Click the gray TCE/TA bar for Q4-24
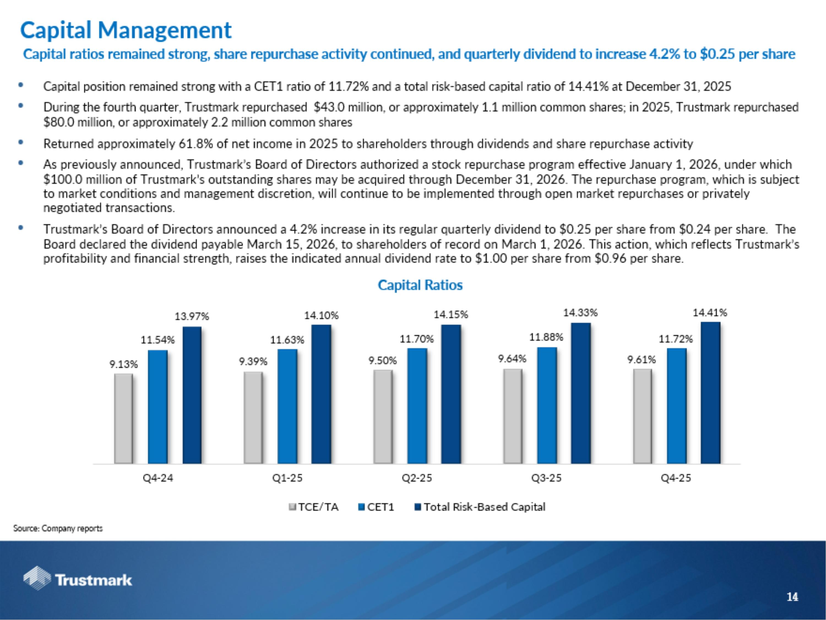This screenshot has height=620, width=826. tap(123, 419)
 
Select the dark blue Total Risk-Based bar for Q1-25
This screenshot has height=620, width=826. tap(321, 394)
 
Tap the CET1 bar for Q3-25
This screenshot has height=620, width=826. tap(547, 406)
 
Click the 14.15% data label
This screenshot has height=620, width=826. tap(450, 315)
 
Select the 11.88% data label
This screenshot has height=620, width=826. tap(546, 337)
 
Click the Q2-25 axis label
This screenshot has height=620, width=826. tap(417, 478)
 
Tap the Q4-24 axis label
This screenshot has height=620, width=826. tap(158, 478)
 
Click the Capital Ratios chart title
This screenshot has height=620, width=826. tap(420, 285)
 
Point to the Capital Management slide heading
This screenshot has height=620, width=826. tap(126, 30)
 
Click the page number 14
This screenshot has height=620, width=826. tap(792, 597)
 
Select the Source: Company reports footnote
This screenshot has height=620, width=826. tap(58, 529)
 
